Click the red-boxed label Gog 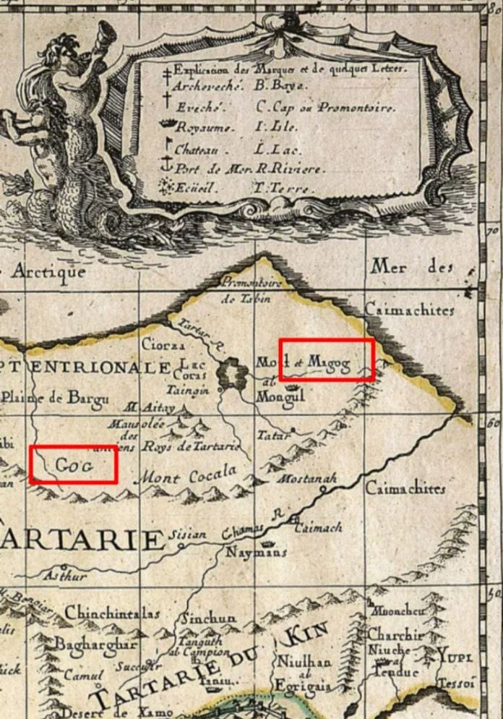(x=73, y=464)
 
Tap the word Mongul (x=280, y=396)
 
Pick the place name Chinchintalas (x=112, y=613)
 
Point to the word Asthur (x=66, y=577)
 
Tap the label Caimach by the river (x=318, y=529)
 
